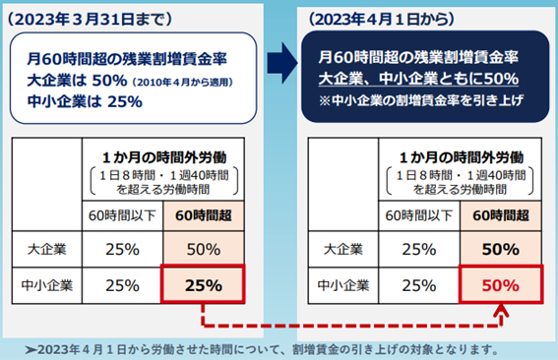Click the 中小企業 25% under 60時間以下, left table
(x=115, y=287)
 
